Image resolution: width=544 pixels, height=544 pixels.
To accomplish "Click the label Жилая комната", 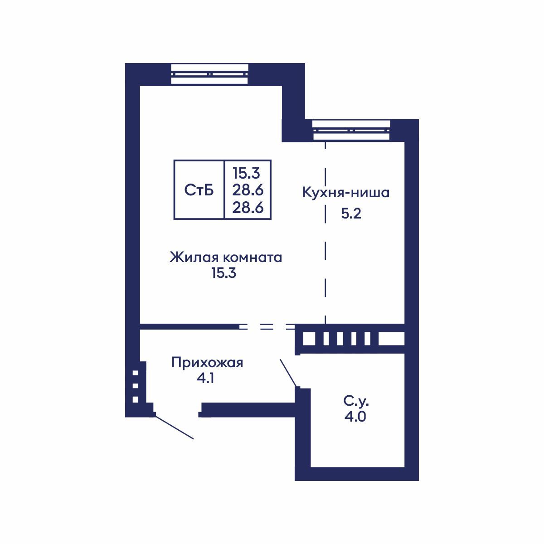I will pos(226,257).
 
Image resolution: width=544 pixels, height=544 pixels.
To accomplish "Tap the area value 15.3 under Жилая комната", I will pos(224,274).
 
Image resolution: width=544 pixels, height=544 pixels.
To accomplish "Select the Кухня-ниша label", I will pos(346,193).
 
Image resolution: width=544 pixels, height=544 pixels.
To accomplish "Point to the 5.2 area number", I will pos(351,214).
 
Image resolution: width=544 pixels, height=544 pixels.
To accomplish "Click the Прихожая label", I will pos(207,363).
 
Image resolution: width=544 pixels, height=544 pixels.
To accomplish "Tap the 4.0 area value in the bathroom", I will pos(355,416).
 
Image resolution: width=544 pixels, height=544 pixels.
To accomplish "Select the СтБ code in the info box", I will pos(199,190).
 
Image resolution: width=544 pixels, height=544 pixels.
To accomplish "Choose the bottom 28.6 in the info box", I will pos(248,208).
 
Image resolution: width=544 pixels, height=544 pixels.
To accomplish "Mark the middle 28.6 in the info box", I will pos(248,190).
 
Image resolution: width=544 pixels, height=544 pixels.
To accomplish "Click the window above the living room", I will pos(210,74).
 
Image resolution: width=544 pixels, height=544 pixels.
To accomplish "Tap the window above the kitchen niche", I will pos(351,130).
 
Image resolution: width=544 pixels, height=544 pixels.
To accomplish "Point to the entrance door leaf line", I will pos(175,427).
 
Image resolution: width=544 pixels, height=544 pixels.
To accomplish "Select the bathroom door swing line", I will pos(288,373).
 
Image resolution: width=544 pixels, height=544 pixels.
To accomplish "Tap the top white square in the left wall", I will pos(135,373).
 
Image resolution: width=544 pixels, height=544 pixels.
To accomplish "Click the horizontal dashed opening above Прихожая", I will pos(267,326).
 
